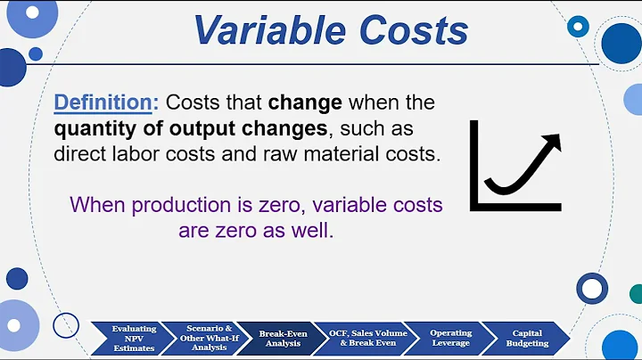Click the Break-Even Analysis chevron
click(x=283, y=339)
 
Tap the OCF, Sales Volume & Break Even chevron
click(x=366, y=339)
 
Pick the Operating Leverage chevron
click(x=450, y=339)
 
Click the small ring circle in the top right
click(x=579, y=26)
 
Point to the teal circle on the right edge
click(x=636, y=293)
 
